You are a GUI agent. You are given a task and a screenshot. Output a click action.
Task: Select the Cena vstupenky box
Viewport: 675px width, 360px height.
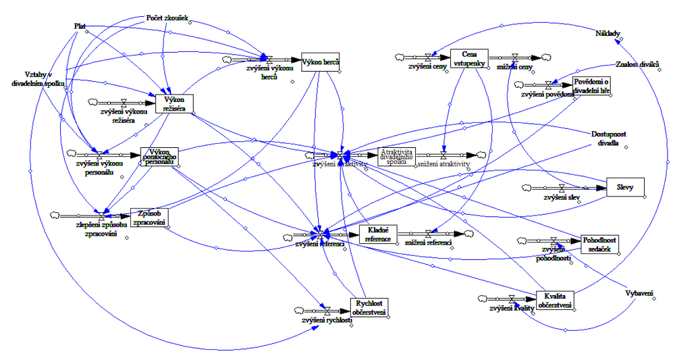coord(475,58)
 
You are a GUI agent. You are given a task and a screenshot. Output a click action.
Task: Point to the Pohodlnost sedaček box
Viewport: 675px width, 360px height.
coord(599,245)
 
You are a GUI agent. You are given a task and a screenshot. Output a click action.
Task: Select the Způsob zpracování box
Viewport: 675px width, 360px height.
coord(148,217)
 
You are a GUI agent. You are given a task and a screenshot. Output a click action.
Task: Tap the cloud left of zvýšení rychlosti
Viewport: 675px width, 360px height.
coord(300,310)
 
